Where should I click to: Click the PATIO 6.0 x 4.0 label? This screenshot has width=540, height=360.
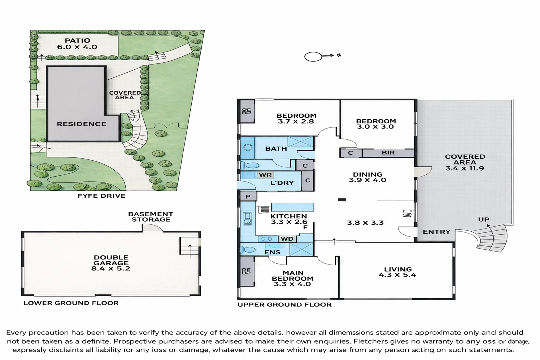(x=77, y=44)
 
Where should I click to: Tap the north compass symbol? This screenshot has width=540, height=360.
(x=314, y=57)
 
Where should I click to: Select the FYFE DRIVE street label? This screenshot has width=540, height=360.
(x=102, y=196)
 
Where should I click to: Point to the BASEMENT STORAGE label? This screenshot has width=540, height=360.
(x=151, y=217)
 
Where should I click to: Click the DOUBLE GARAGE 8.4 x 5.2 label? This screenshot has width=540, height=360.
(x=111, y=263)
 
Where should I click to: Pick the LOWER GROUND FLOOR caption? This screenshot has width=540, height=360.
(x=71, y=303)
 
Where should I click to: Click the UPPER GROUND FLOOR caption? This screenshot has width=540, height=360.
(x=284, y=305)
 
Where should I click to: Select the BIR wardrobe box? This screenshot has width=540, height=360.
(x=388, y=153)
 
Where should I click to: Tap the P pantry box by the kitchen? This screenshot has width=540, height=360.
(x=248, y=196)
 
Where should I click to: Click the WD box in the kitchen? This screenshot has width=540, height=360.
(x=287, y=239)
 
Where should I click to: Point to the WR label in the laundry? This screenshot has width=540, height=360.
(x=265, y=175)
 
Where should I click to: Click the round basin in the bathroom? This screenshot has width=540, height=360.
(x=248, y=147)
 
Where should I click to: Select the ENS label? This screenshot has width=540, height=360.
(x=272, y=252)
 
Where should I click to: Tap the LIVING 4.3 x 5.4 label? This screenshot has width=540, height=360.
(x=397, y=272)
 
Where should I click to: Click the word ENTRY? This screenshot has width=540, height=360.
(x=436, y=232)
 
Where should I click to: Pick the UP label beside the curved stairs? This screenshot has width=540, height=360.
(x=484, y=219)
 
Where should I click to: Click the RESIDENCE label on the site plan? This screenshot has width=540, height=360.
(x=81, y=124)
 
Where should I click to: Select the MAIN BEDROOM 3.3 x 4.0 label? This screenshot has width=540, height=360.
(x=293, y=278)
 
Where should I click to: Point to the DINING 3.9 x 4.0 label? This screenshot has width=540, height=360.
(x=367, y=177)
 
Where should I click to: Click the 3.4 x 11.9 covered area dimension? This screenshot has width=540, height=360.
(x=464, y=168)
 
